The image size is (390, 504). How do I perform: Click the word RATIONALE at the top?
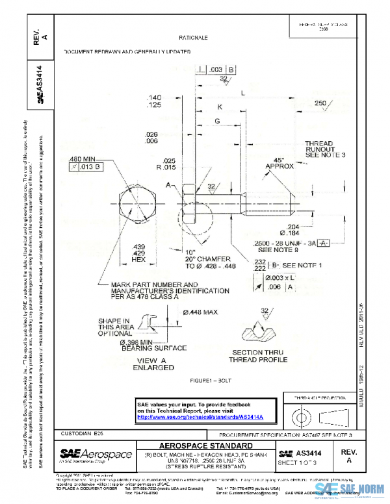click(x=194, y=38)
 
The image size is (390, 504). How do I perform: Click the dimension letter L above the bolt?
click(x=242, y=93)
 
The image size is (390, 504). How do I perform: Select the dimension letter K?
click(x=220, y=107)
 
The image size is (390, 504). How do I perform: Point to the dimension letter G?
click(x=217, y=121)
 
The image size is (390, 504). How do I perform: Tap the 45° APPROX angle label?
click(x=279, y=162)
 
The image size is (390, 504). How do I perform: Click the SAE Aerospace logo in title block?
click(x=96, y=455)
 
